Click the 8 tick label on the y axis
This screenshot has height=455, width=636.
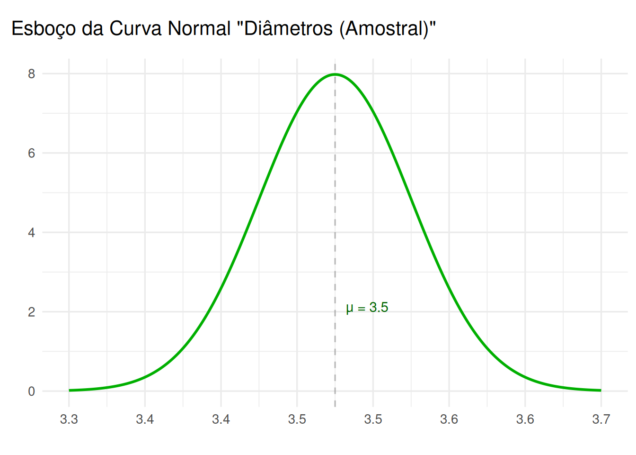click(32, 74)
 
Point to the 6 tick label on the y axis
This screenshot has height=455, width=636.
click(32, 153)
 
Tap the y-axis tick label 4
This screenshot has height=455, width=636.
click(32, 233)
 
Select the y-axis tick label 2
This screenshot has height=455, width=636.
click(32, 312)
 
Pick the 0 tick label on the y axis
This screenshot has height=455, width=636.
click(32, 391)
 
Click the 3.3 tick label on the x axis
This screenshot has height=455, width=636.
click(69, 419)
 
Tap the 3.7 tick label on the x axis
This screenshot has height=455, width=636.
click(601, 419)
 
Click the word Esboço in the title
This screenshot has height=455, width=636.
click(44, 29)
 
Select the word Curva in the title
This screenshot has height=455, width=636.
click(135, 28)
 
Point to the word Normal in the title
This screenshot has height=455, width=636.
click(199, 28)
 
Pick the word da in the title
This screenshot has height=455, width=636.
click(92, 28)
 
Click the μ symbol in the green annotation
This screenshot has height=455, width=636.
click(349, 309)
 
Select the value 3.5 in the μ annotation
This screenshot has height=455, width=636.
click(379, 307)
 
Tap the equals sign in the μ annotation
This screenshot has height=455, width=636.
click(362, 308)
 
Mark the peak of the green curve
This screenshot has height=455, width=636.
click(335, 74)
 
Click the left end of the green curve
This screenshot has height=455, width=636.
click(69, 391)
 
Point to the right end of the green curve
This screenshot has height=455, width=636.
click(601, 391)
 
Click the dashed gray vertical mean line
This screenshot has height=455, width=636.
click(335, 235)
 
